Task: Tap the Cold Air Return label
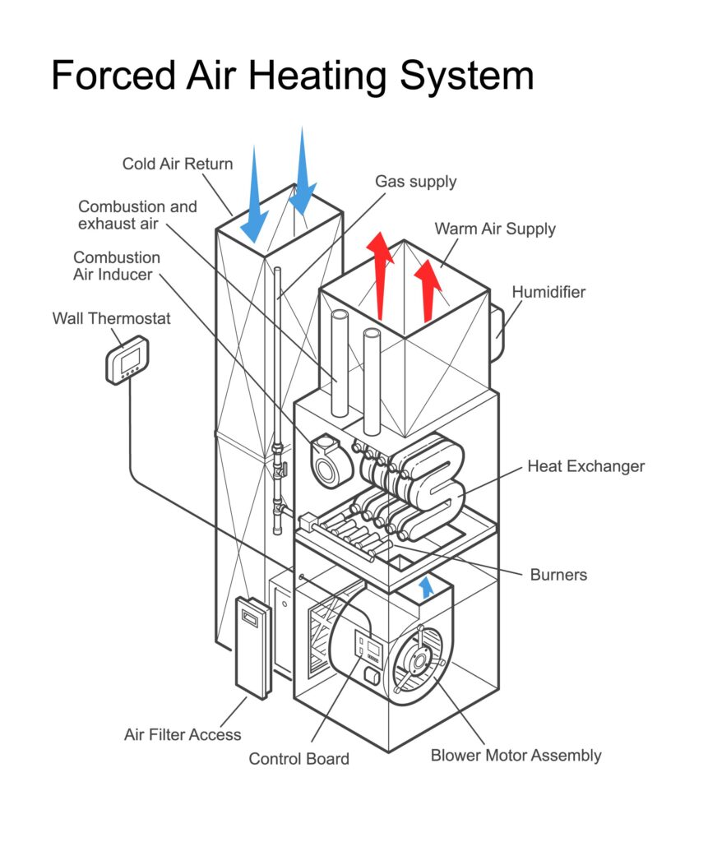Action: pos(178,164)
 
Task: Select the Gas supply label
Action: pos(415,181)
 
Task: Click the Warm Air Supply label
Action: pos(495,229)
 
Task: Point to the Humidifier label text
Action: pos(548,292)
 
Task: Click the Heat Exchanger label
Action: pos(585,466)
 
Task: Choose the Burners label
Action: pos(558,574)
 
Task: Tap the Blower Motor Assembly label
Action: pos(516,755)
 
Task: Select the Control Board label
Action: pos(298,759)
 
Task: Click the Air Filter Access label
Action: pos(183,733)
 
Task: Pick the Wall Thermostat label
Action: pos(112,317)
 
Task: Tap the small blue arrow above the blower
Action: pos(426,586)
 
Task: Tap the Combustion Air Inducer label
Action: pos(116,266)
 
